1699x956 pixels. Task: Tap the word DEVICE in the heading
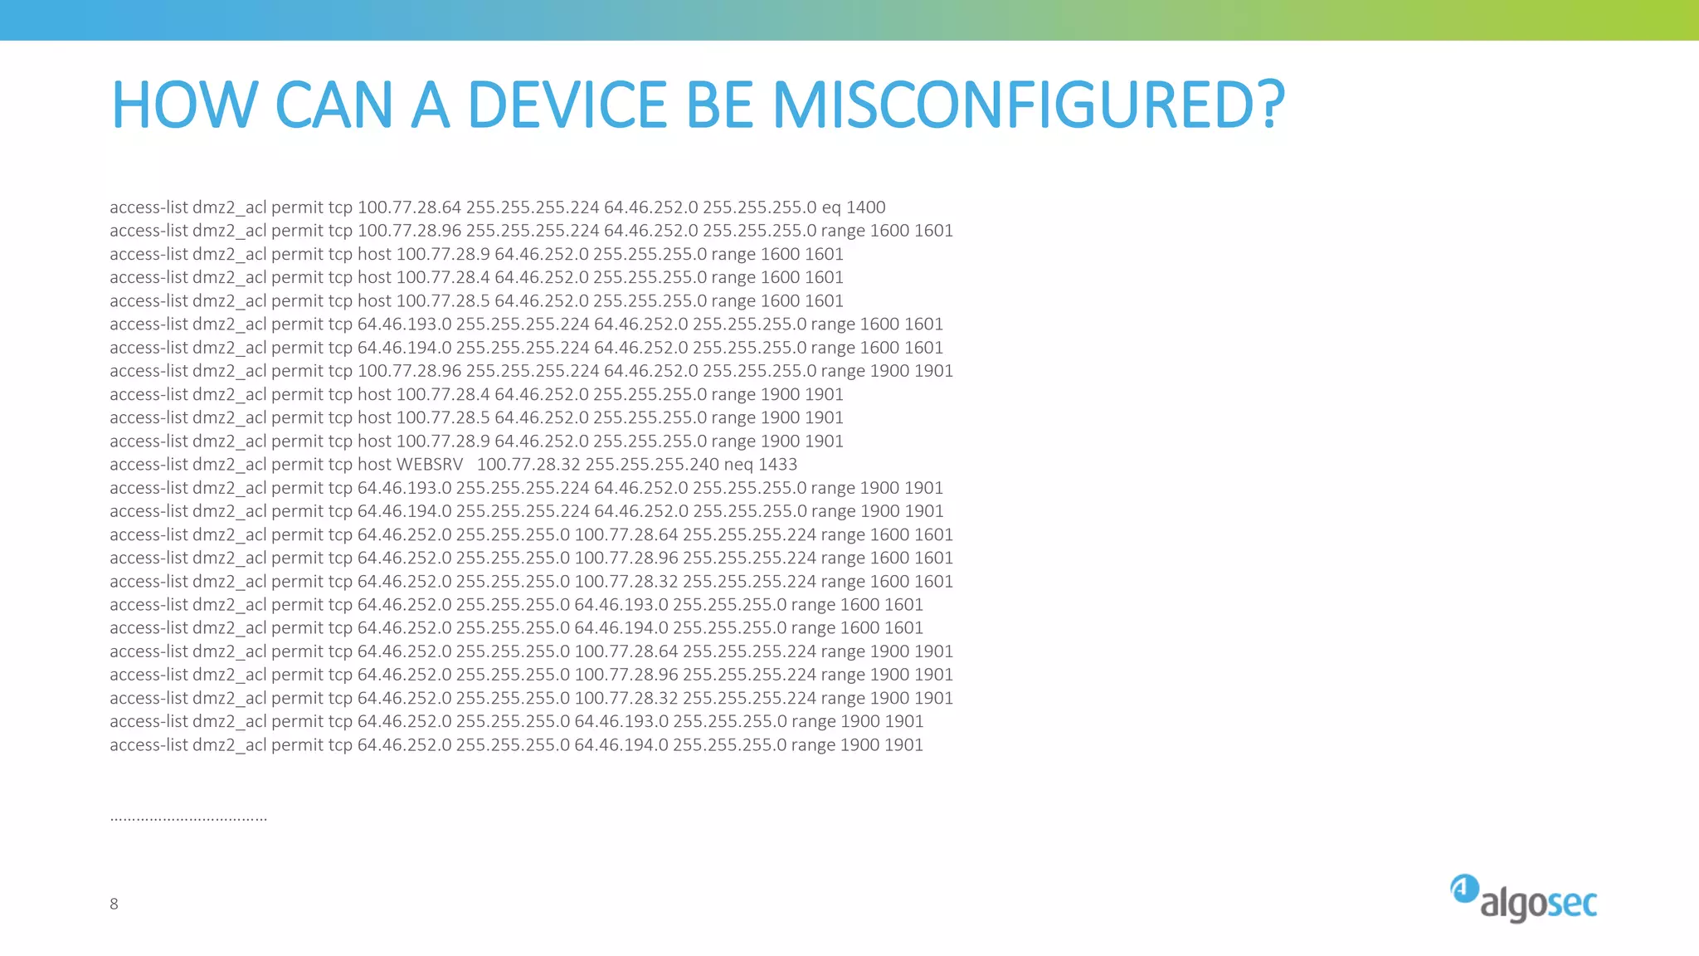[x=567, y=105]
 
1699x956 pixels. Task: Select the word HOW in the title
[x=185, y=105]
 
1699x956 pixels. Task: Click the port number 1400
[x=865, y=207]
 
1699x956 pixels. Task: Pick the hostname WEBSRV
[x=430, y=465]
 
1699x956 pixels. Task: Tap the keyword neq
[x=738, y=465]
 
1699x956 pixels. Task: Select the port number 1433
[x=777, y=465]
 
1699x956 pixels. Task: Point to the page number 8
[x=114, y=904]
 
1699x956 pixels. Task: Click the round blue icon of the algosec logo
[x=1464, y=888]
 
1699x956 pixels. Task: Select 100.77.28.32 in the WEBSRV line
[x=528, y=465]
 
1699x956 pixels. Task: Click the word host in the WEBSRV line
[x=374, y=465]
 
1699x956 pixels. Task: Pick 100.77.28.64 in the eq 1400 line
[x=409, y=207]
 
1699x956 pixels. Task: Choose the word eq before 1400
[x=831, y=207]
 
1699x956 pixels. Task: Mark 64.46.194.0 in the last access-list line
[x=621, y=745]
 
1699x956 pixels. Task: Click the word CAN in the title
[x=333, y=105]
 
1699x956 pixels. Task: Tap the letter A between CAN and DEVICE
[x=430, y=105]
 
